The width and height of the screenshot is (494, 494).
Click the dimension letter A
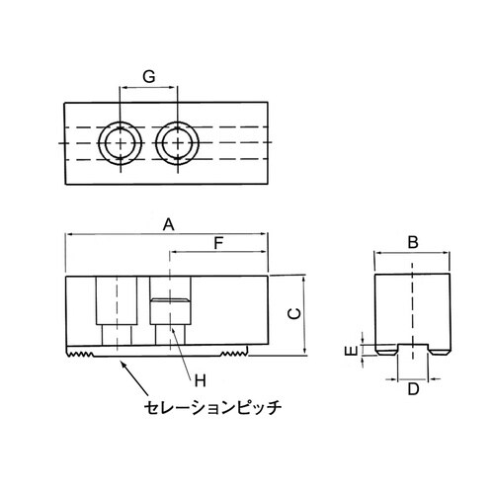169,224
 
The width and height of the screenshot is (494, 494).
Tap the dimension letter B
414,242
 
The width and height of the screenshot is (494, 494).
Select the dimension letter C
293,313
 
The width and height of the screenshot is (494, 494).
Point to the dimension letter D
414,388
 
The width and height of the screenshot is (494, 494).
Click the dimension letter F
220,241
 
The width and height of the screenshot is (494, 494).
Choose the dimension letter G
149,76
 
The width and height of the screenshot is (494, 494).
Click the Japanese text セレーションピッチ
212,405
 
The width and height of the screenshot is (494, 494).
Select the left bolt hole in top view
121,142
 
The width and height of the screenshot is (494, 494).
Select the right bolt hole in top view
179,142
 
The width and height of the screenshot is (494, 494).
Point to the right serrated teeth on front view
232,353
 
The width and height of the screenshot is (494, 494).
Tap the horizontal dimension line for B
414,254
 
